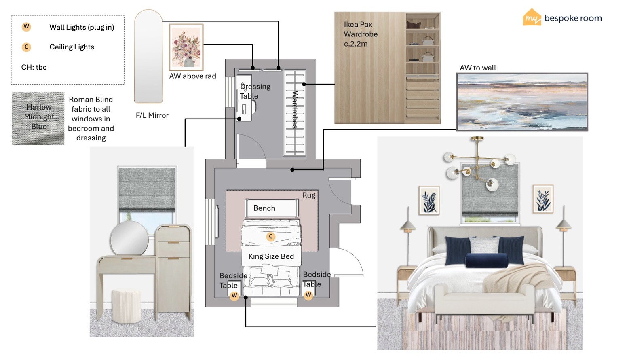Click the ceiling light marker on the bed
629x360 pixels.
tap(271, 237)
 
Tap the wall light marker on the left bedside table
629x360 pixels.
tap(234, 296)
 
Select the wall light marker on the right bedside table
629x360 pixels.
tap(308, 295)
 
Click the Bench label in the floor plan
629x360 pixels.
tap(264, 208)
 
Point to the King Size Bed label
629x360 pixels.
tap(271, 256)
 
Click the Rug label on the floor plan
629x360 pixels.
tap(309, 195)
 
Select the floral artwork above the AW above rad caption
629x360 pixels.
tap(186, 47)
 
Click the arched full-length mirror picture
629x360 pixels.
tap(148, 56)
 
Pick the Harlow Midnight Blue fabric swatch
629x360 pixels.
tap(38, 119)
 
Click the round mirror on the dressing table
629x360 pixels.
tap(129, 238)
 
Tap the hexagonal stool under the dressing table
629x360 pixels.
tap(127, 306)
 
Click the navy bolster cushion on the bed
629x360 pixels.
tap(487, 260)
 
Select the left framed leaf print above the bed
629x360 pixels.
tap(429, 200)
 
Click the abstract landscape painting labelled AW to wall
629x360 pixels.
tap(522, 102)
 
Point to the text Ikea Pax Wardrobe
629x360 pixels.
tap(361, 29)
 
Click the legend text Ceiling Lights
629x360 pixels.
tap(72, 47)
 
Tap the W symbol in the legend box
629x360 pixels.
tap(26, 27)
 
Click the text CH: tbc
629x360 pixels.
tap(34, 67)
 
